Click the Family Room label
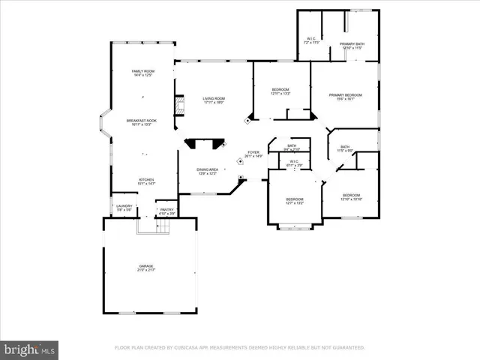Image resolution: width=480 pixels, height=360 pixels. (x=142, y=73)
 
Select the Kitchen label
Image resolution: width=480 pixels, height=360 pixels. (x=146, y=181)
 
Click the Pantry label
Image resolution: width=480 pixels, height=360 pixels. (x=166, y=211)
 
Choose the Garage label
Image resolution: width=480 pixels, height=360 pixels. (x=146, y=268)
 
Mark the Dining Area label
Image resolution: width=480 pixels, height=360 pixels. (x=208, y=172)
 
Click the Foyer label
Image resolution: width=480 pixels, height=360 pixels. (x=253, y=154)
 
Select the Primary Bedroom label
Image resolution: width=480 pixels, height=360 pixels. (x=346, y=97)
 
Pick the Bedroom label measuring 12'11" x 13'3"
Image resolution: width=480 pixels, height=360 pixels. (x=280, y=91)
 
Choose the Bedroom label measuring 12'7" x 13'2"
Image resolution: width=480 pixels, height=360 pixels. (x=295, y=200)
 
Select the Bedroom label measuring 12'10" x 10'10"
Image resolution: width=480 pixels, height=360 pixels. (x=351, y=197)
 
